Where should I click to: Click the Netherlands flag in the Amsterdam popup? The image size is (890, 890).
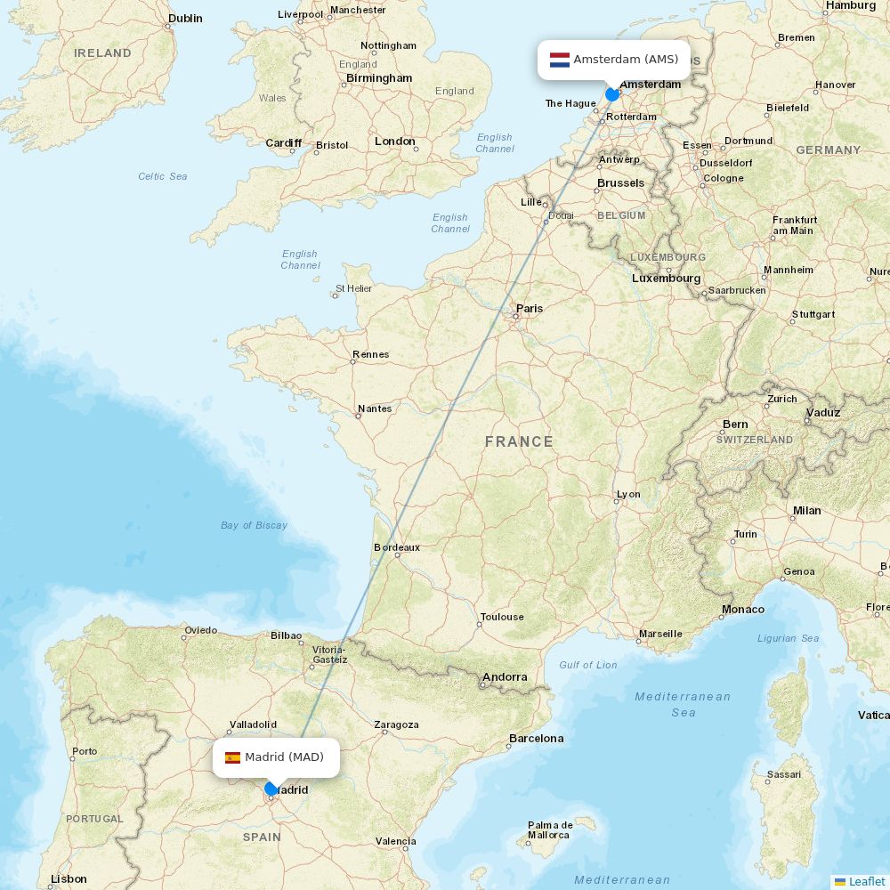tap(560, 60)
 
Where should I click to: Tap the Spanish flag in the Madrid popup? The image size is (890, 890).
tap(232, 757)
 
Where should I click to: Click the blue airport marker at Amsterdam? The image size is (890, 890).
tap(612, 93)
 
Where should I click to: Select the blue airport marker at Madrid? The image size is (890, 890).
tap(271, 789)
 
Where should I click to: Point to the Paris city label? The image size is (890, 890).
tap(530, 309)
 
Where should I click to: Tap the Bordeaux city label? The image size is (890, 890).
tap(397, 547)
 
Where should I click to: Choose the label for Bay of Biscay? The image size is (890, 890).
tap(254, 525)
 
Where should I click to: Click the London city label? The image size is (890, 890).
tap(395, 142)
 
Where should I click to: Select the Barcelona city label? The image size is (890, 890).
tap(536, 738)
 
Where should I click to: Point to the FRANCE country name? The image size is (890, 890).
tap(519, 441)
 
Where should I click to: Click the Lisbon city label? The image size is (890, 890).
tap(69, 878)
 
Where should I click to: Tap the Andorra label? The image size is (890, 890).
tap(505, 677)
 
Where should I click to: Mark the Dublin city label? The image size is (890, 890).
tap(185, 18)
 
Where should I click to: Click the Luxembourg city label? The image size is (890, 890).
tap(666, 278)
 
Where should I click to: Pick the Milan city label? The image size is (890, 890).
tap(806, 511)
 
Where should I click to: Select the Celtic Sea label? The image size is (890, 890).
tap(163, 176)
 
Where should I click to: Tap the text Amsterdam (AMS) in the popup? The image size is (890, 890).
tap(626, 60)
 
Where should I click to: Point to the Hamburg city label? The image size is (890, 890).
tap(851, 5)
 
